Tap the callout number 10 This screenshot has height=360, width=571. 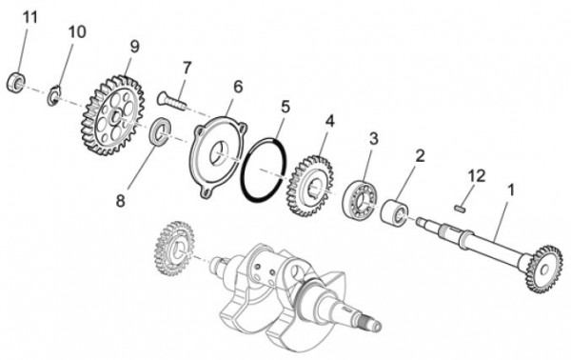point(75,31)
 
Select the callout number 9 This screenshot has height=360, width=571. point(134,45)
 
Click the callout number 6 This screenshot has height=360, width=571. point(237,87)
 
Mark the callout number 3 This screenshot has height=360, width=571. point(373,138)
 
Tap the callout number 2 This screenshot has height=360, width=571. point(419,154)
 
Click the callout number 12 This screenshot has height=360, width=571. point(477,174)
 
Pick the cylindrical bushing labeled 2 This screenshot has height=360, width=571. point(398,210)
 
